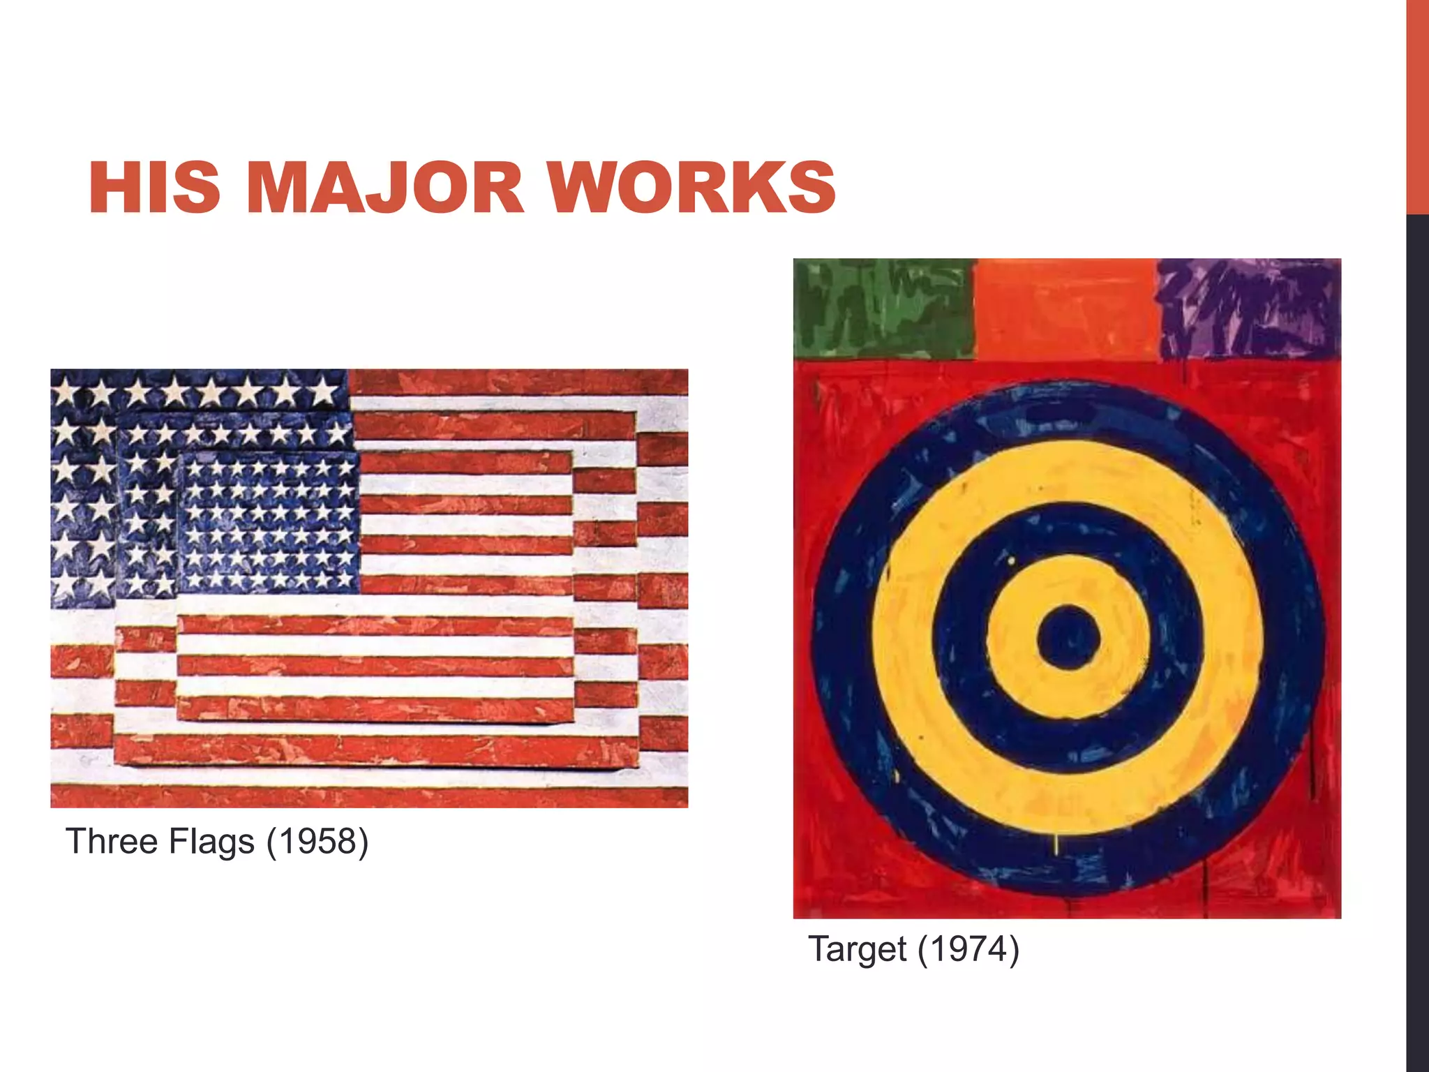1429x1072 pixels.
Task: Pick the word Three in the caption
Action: click(112, 841)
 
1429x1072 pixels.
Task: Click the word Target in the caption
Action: click(858, 949)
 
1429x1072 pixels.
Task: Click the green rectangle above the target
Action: click(884, 308)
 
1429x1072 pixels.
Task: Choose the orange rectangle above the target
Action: click(1066, 308)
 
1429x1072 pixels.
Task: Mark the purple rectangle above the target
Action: click(1249, 308)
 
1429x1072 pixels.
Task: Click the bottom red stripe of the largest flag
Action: click(370, 796)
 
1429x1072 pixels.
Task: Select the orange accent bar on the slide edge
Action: click(1417, 105)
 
